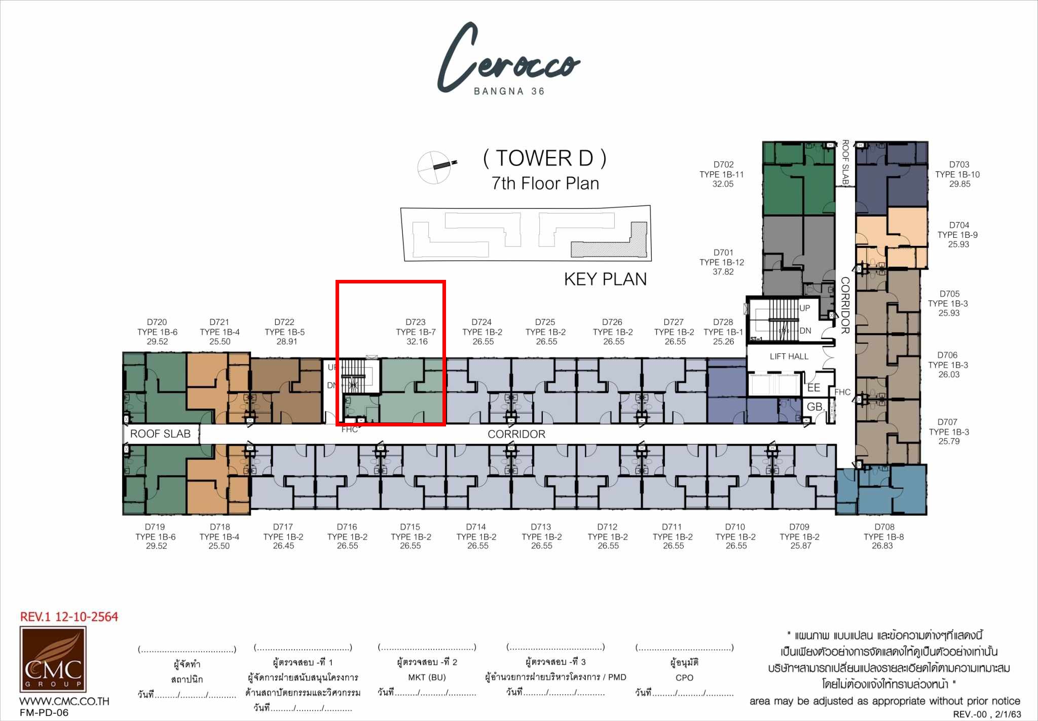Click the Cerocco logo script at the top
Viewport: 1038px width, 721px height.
coord(508,57)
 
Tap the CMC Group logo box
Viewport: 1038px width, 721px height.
coord(53,659)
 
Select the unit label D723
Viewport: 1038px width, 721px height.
coord(416,322)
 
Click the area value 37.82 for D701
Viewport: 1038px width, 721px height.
coord(723,272)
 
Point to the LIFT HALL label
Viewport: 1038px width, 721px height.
coord(789,356)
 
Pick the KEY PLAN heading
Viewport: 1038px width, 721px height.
coord(605,279)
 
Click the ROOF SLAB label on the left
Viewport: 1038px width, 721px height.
coord(160,434)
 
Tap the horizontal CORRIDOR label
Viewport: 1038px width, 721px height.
coord(516,434)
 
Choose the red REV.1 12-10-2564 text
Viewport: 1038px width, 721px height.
coord(69,617)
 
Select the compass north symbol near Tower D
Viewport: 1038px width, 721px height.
coord(435,166)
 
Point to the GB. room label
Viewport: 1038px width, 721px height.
coord(815,407)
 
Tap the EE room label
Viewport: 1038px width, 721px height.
coord(813,388)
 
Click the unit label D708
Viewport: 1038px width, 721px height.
coord(884,527)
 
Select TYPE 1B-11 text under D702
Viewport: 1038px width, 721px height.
coord(722,174)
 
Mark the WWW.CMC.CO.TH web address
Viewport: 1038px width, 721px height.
coord(64,701)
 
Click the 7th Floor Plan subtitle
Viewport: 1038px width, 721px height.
coord(545,183)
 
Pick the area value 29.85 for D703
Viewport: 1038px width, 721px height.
coord(960,184)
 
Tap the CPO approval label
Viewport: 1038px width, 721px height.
coord(684,677)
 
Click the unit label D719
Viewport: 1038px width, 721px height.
coord(155,527)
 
